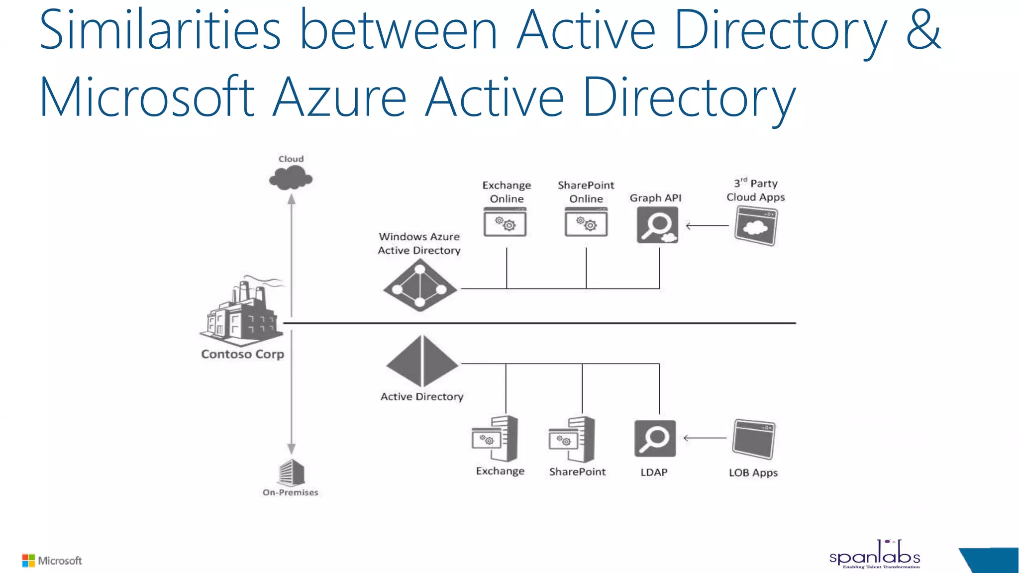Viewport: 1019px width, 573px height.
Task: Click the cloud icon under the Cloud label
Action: point(291,178)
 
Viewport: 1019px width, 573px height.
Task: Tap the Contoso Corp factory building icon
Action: point(242,312)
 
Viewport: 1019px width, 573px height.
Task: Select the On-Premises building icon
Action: point(292,473)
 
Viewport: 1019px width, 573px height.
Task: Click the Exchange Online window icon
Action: point(505,222)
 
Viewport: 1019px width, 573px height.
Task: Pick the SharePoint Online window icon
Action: point(586,222)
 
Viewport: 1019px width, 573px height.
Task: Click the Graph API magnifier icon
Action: point(657,225)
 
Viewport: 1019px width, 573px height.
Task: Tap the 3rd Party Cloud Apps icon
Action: point(756,226)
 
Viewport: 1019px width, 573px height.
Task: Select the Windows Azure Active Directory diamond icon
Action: point(420,286)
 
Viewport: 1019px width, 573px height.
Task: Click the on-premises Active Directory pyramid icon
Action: point(422,362)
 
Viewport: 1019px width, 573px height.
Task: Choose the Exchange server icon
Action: point(496,439)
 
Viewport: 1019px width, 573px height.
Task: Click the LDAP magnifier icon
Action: point(655,439)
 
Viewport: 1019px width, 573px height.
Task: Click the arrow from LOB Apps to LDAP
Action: point(705,438)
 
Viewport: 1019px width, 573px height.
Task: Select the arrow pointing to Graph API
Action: point(707,226)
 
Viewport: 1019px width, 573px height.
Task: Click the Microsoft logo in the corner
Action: point(52,561)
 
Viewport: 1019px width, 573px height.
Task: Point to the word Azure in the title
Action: point(340,97)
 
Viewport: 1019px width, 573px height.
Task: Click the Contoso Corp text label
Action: point(242,354)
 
